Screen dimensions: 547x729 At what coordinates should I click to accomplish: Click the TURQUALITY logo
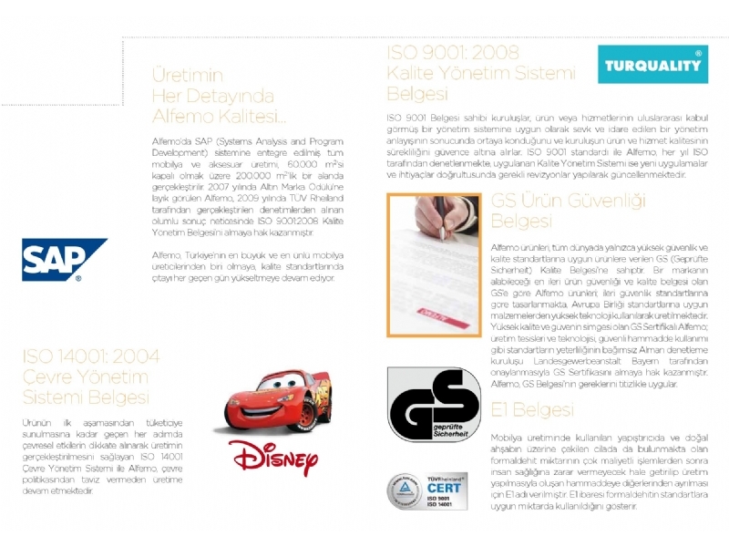[653, 66]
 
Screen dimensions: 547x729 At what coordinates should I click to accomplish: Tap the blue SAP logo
[63, 259]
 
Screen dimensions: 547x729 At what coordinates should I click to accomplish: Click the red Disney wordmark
[273, 457]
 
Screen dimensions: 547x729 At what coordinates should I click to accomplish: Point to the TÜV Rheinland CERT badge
[427, 490]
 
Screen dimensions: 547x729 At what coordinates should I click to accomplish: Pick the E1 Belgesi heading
[531, 411]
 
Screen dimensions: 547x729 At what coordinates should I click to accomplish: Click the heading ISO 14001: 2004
[90, 356]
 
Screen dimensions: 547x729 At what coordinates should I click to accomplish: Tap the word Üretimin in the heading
[187, 77]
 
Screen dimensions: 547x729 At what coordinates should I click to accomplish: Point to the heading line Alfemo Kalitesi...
[219, 117]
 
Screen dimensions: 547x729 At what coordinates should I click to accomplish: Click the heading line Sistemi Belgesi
[86, 397]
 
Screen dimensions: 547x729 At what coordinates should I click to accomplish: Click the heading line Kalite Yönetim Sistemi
[468, 73]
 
